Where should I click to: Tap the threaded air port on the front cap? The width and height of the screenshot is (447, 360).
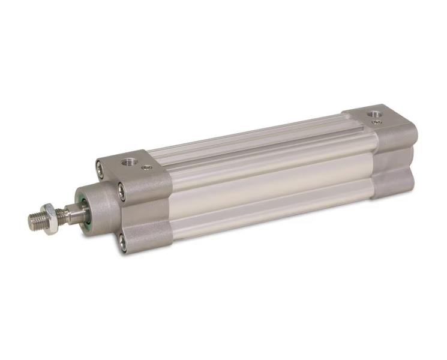point(127,162)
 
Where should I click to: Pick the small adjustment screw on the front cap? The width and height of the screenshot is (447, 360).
point(146,168)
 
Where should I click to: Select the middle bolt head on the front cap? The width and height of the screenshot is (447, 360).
point(122,191)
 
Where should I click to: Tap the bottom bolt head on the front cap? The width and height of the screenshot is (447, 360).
point(122,242)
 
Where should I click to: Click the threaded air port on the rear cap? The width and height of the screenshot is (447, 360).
point(374,113)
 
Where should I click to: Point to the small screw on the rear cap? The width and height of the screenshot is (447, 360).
point(376,122)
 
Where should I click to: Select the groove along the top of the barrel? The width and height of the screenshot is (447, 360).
point(252,142)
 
